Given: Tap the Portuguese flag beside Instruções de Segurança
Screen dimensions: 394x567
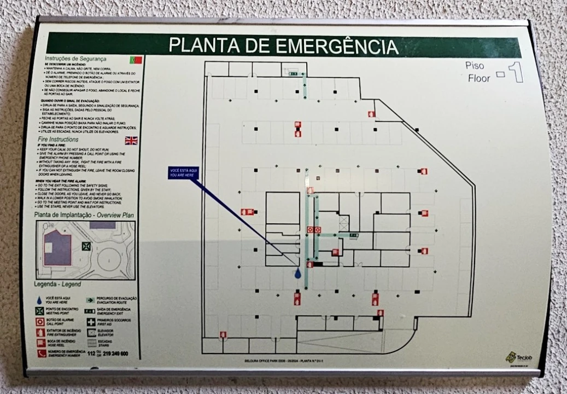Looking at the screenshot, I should [x=136, y=60].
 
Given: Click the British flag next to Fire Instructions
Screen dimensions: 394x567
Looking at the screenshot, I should [x=131, y=141].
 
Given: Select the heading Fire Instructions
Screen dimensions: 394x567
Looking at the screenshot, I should [x=58, y=140].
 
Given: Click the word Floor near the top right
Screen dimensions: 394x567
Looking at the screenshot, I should [x=479, y=78].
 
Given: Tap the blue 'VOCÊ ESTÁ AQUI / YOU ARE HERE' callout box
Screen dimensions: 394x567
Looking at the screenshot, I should [x=183, y=173].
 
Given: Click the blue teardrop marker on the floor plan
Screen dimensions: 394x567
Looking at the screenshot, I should [x=298, y=273].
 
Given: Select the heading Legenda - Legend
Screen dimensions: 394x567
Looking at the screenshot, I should [x=57, y=285].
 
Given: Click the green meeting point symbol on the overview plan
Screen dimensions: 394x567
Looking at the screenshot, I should [x=86, y=246].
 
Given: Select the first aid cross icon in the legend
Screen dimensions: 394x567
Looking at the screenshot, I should [x=91, y=321].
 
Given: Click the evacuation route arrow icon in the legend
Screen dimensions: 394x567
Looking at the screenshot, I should [x=91, y=300].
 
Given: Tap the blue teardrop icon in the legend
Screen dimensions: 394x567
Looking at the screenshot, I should [x=40, y=300].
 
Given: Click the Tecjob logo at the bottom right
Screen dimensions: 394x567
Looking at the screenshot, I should [x=512, y=357].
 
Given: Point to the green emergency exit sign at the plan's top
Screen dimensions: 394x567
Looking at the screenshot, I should [x=293, y=73].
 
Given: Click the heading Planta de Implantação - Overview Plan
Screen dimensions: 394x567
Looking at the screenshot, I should [x=84, y=216].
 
